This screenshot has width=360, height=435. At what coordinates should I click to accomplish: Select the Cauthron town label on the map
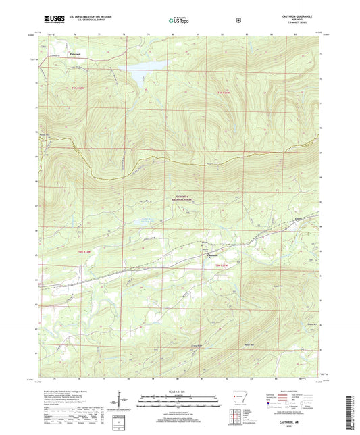pyautogui.click(x=211, y=255)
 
